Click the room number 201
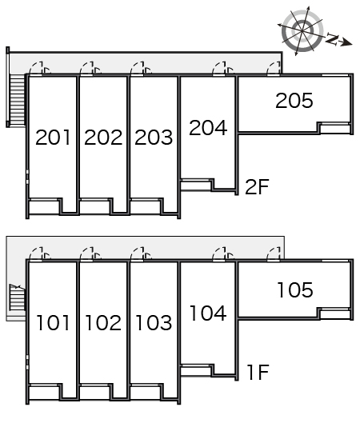pos(53,138)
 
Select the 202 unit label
pos(103,138)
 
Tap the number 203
pos(154,138)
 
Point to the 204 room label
pos(208,128)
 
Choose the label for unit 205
pos(294,101)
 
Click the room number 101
pos(53,322)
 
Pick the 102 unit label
pos(103,322)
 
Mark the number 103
pos(154,322)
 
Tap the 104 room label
pos(208,313)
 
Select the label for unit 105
pos(295,290)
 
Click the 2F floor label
pos(257,186)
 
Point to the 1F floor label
pos(258,373)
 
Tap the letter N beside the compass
pos(332,39)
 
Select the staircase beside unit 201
pos(18,101)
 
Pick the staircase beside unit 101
pos(18,297)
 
